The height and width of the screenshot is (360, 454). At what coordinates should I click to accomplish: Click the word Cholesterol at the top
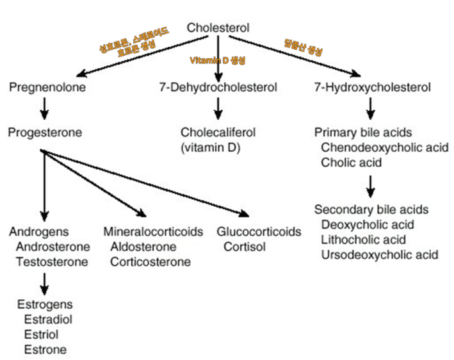(218, 28)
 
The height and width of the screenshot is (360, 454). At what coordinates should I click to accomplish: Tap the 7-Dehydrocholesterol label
(218, 87)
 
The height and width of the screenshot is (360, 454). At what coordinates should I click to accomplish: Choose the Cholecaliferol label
(218, 133)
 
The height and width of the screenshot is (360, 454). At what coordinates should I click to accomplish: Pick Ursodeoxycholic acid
(380, 255)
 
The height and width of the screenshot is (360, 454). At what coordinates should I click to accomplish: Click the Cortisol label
(244, 247)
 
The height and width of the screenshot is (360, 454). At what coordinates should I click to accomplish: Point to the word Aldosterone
(143, 247)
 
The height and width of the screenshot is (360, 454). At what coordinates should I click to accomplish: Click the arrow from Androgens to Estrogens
(44, 282)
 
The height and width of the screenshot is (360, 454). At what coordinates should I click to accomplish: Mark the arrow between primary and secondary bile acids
(370, 186)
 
